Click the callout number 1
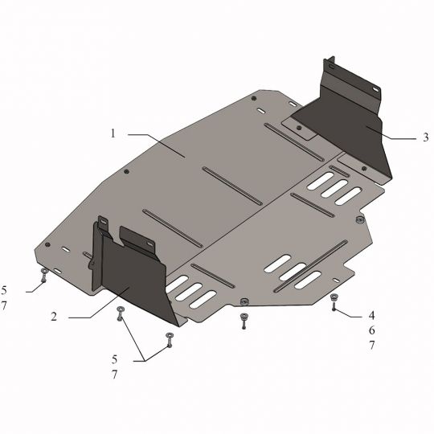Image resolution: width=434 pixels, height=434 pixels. [113, 133]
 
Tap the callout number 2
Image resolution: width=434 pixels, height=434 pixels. [54, 317]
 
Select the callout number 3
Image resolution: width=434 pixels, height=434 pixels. [426, 137]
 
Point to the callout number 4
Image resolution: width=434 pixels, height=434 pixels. [371, 315]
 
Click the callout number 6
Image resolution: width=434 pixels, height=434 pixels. [371, 330]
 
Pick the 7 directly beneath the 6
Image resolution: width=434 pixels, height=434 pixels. [371, 345]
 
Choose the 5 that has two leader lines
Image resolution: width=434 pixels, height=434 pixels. [115, 359]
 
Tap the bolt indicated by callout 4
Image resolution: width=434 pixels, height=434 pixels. [334, 301]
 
